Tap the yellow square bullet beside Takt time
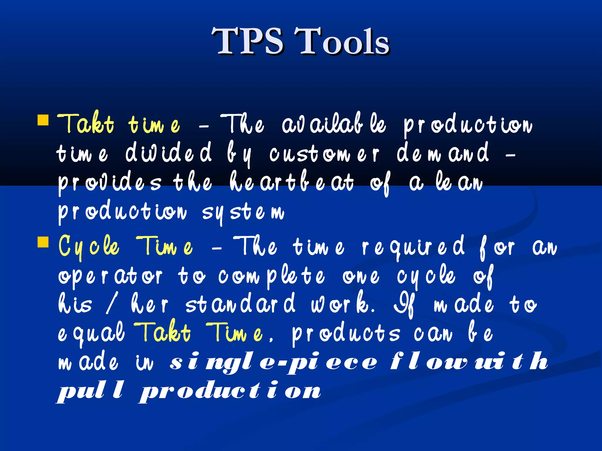tap(43, 120)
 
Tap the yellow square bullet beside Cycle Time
tap(43, 242)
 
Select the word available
tap(334, 124)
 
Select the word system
tap(243, 212)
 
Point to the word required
tap(413, 247)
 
